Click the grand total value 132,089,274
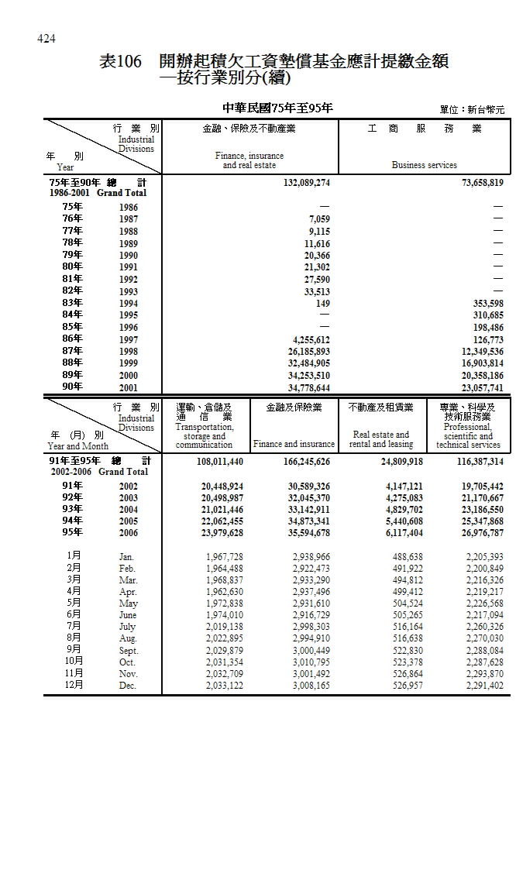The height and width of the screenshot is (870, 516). (298, 182)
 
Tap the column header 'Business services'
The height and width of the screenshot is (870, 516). (424, 165)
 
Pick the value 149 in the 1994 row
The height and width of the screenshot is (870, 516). (322, 303)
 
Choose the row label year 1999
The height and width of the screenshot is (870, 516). (129, 363)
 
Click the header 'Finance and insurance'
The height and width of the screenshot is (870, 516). (294, 445)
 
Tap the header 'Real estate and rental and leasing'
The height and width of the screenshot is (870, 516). (380, 439)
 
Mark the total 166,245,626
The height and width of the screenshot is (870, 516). (298, 461)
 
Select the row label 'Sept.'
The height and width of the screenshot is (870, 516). (129, 651)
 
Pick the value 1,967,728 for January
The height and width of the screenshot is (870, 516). (225, 557)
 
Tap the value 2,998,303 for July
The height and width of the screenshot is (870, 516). (311, 627)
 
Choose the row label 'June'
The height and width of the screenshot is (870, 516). (129, 615)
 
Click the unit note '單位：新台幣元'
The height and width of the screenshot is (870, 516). (471, 110)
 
